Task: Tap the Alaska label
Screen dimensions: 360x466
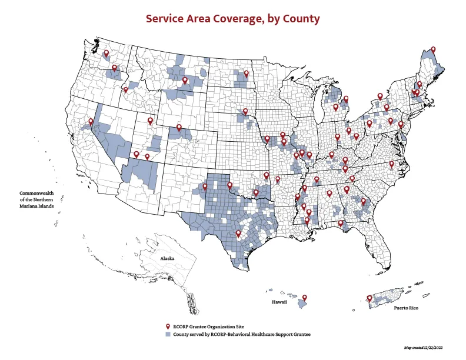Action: click(169, 258)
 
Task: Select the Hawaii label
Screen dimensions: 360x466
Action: click(279, 302)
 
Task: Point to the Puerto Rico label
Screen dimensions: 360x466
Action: click(406, 308)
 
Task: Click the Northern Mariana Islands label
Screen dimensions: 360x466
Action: click(36, 200)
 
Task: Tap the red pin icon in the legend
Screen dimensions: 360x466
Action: click(168, 326)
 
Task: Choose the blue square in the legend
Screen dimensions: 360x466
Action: click(168, 334)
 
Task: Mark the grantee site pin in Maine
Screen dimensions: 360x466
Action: click(433, 50)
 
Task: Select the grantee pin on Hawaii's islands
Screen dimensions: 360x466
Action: click(305, 298)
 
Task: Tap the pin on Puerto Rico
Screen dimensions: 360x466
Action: click(369, 299)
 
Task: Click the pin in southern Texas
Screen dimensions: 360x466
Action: click(238, 234)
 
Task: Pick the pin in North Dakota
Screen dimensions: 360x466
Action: click(246, 74)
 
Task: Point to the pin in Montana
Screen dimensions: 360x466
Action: click(185, 81)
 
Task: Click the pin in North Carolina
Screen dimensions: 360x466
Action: click(392, 164)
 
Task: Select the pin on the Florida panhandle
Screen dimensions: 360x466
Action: click(340, 224)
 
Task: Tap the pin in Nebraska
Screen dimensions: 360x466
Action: click(245, 112)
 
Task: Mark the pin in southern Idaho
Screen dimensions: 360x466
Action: click(125, 91)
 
